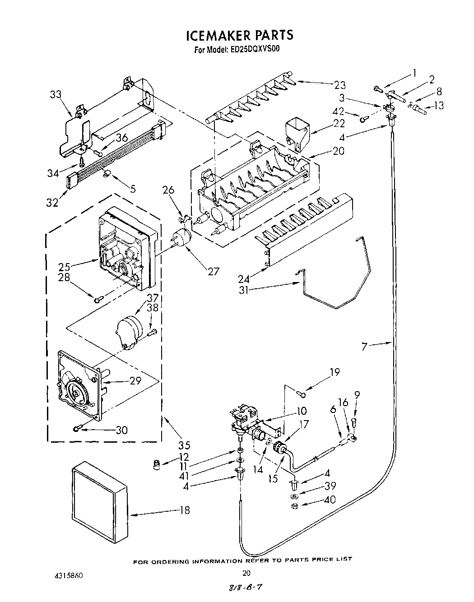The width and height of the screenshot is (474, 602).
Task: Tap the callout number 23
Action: [x=339, y=85]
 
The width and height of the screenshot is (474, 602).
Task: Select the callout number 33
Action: [x=56, y=94]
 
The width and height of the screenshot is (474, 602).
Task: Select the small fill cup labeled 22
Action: [x=297, y=129]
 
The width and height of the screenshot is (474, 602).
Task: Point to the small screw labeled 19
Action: [x=303, y=395]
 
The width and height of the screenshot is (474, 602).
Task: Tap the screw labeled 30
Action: [x=78, y=428]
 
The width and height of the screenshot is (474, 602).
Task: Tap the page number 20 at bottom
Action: [x=246, y=573]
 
